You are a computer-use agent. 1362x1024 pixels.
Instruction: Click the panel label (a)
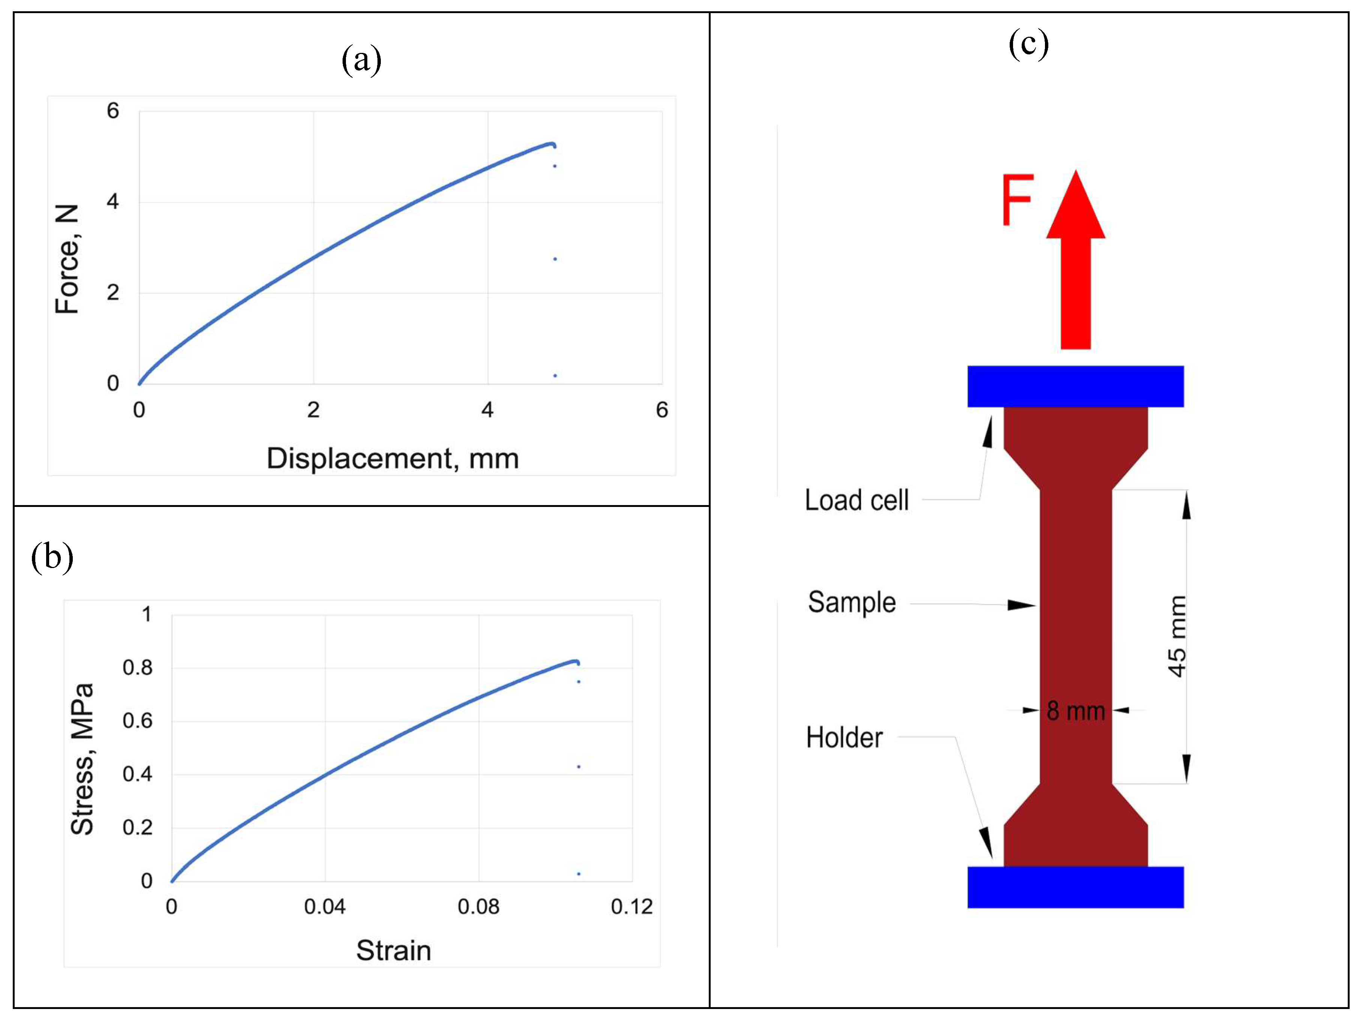tap(361, 60)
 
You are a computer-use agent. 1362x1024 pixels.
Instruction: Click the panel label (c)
tap(1028, 44)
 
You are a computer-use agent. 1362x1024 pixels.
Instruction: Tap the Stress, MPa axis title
tap(82, 759)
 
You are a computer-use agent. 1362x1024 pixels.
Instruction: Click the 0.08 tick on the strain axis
tap(478, 907)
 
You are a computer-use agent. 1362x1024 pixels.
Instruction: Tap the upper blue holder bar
tap(1075, 387)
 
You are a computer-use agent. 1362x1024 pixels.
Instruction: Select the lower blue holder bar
tap(1075, 887)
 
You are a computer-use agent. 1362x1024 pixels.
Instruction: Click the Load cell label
tap(857, 500)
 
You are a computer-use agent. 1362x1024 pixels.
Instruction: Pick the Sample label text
tap(852, 603)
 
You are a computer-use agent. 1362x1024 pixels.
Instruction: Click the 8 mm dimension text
tap(1076, 711)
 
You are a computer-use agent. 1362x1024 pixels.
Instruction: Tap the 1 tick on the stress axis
tap(147, 614)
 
